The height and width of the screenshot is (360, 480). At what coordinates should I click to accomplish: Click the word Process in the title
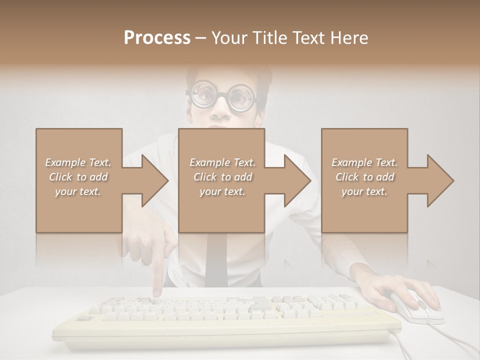click(157, 38)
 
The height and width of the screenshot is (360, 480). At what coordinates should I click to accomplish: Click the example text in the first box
click(78, 177)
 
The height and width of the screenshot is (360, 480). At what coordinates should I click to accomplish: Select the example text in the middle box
click(222, 177)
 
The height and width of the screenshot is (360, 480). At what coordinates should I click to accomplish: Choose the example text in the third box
click(364, 177)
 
